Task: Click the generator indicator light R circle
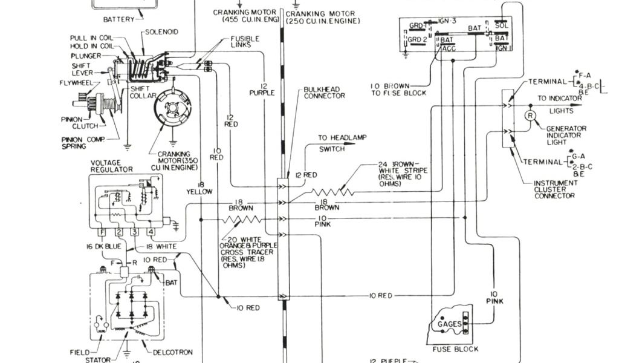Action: (x=530, y=115)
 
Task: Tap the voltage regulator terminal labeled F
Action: (x=103, y=232)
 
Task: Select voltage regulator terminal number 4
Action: (x=151, y=232)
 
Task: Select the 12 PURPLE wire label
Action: (x=262, y=88)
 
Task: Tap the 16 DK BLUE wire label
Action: (x=103, y=247)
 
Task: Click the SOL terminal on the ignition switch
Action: (x=502, y=25)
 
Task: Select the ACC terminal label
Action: (x=449, y=49)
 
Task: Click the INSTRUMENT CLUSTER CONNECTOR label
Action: (x=555, y=189)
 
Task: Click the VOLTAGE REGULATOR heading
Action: (x=111, y=166)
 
